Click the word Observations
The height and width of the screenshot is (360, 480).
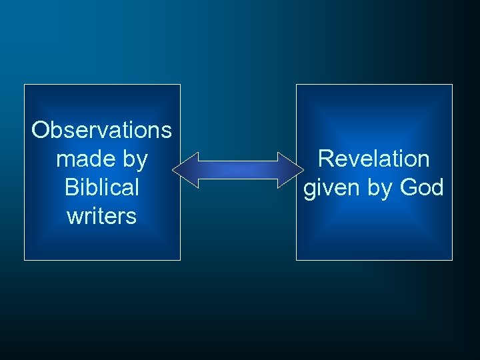click(x=101, y=130)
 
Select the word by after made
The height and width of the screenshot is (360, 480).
click(x=133, y=160)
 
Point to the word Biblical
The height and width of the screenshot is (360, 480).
click(x=101, y=187)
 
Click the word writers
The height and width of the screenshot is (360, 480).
click(x=101, y=216)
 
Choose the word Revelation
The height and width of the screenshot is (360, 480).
click(x=373, y=159)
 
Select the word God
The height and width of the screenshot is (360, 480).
click(x=421, y=187)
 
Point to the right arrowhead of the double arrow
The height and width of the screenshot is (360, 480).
click(x=291, y=169)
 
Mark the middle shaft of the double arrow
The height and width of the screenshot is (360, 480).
click(x=238, y=169)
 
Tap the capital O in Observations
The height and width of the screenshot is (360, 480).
click(x=41, y=130)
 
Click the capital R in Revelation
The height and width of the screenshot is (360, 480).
click(x=325, y=159)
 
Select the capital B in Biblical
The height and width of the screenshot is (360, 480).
click(x=71, y=187)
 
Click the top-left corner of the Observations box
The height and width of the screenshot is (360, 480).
click(x=25, y=85)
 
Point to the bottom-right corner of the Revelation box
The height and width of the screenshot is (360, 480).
click(x=452, y=259)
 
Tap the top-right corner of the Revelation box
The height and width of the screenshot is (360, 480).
click(x=452, y=85)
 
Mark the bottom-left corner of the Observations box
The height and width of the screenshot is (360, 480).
click(x=25, y=259)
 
